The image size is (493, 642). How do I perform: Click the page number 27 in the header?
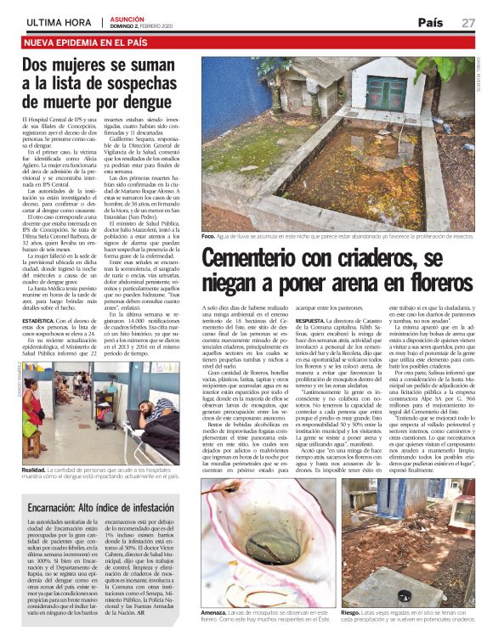click(x=468, y=22)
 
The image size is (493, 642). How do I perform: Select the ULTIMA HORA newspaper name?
click(x=59, y=21)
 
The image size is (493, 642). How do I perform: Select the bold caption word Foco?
click(x=209, y=234)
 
